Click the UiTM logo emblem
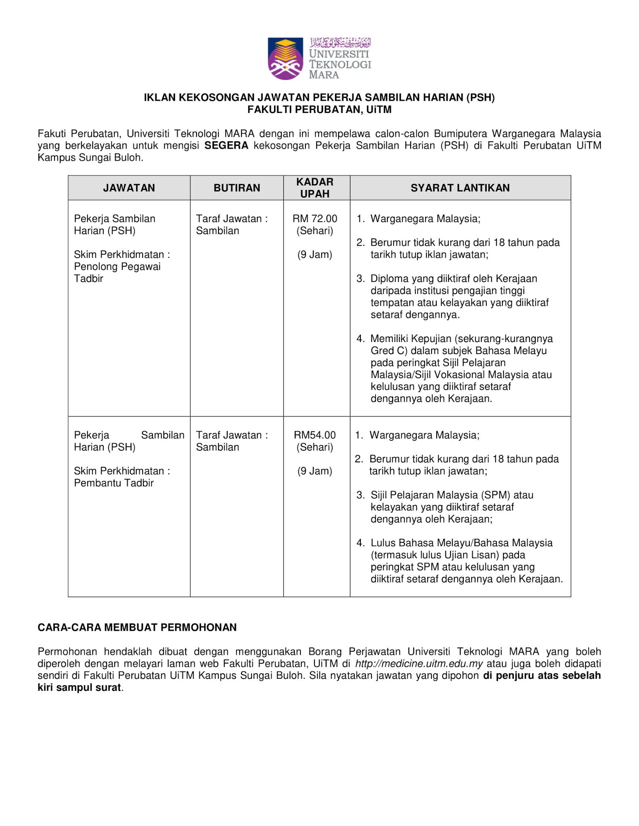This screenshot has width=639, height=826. click(x=285, y=58)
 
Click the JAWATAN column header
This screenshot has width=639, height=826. click(x=129, y=188)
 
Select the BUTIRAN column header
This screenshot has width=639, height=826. click(x=237, y=188)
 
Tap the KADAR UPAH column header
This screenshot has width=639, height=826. click(x=315, y=188)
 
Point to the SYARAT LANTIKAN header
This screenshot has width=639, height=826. click(x=460, y=188)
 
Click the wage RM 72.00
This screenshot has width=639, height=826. click(x=315, y=219)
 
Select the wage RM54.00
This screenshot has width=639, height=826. click(x=315, y=435)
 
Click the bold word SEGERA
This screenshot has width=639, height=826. click(x=226, y=146)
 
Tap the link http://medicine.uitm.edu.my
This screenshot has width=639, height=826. click(x=419, y=663)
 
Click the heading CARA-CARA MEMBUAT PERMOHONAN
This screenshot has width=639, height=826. click(x=137, y=628)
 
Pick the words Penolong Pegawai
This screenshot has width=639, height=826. click(x=117, y=267)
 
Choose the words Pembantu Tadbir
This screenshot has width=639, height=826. click(x=114, y=483)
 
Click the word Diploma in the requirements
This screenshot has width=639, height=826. click(x=389, y=279)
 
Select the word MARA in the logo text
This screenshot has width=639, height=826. click(x=324, y=75)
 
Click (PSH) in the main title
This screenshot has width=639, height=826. click(x=480, y=98)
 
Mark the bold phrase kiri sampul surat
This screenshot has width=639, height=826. click(x=80, y=688)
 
